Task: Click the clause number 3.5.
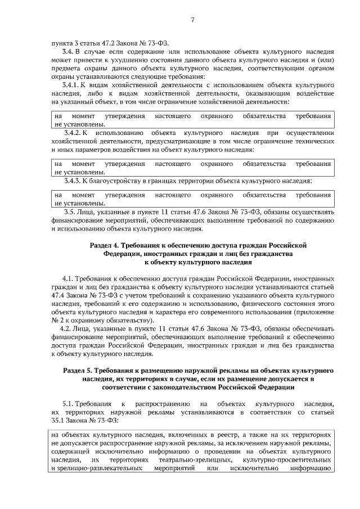click(x=70, y=212)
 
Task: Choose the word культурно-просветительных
click(x=290, y=460)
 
